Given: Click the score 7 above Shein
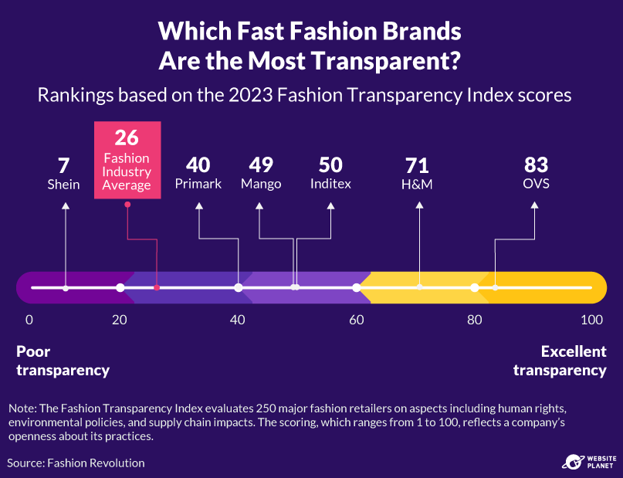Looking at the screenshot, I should point(65,165).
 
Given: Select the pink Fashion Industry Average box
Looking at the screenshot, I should point(127,160).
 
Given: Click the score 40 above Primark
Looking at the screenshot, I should point(198,165).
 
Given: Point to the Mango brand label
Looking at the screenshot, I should point(260,184).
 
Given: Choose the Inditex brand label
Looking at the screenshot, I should point(330,184).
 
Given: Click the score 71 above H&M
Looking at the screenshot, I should point(417,165).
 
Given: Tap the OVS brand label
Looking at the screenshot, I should point(536,184).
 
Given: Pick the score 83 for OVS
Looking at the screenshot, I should point(536,165).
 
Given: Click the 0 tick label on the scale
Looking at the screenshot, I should point(29,320).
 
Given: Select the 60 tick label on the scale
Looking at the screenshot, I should point(356,320).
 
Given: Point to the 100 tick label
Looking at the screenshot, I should point(591,320).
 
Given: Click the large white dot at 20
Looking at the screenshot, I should point(120,288).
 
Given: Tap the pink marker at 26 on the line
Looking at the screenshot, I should point(157,287).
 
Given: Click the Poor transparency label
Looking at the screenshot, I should point(63,361).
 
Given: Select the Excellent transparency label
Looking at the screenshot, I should point(560,361).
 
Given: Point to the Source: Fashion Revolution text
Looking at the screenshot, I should point(76,463).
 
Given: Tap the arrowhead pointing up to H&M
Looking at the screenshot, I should point(419,205).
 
